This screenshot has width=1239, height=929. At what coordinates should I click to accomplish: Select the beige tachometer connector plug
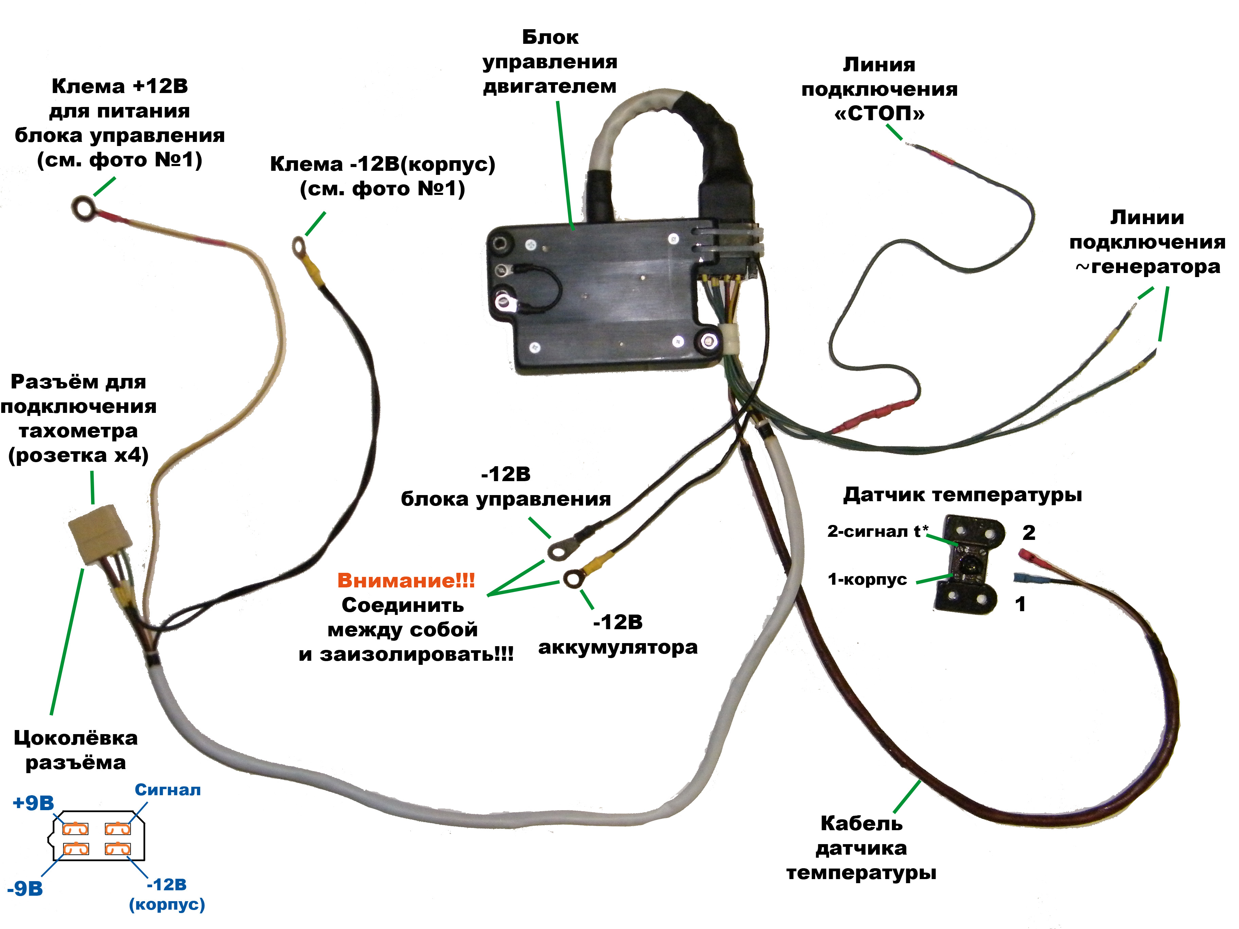[101, 535]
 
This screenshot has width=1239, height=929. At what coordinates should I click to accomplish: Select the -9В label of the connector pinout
[25, 888]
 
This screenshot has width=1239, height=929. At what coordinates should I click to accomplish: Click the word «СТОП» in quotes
[879, 114]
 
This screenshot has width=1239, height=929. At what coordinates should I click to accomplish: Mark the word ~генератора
[1147, 267]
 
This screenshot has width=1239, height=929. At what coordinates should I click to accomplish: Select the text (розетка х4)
[78, 455]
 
